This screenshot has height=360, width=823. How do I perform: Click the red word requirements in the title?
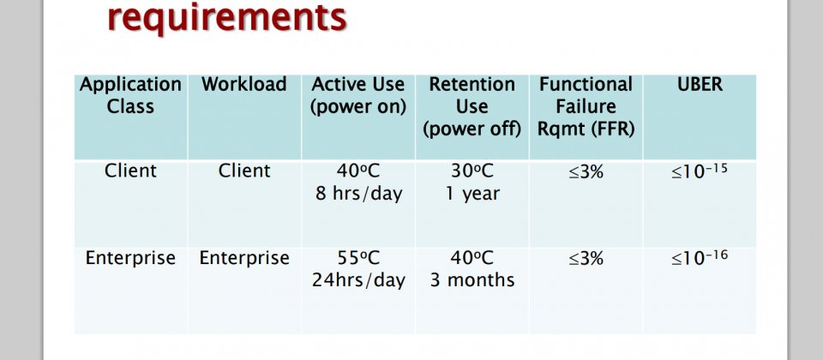pyautogui.click(x=226, y=17)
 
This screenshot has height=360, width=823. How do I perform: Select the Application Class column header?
pyautogui.click(x=130, y=95)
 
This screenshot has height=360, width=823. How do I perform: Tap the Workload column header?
pyautogui.click(x=244, y=84)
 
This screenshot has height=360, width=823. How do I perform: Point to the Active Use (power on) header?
pyautogui.click(x=358, y=95)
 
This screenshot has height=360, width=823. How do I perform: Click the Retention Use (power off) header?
pyautogui.click(x=472, y=106)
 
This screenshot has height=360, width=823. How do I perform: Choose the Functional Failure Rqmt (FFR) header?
pyautogui.click(x=586, y=106)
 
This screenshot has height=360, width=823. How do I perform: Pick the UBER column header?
pyautogui.click(x=700, y=84)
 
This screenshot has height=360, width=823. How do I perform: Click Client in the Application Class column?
pyautogui.click(x=130, y=171)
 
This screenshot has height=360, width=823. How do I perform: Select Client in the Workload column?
pyautogui.click(x=244, y=171)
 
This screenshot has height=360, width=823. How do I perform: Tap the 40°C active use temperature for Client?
pyautogui.click(x=358, y=171)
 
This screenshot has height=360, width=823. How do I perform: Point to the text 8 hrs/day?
pyautogui.click(x=358, y=193)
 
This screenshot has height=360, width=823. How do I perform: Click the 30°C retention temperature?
pyautogui.click(x=472, y=171)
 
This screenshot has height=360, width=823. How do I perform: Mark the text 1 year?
pyautogui.click(x=472, y=194)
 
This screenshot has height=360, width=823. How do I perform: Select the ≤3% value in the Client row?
pyautogui.click(x=586, y=171)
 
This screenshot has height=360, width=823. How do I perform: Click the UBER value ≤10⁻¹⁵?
pyautogui.click(x=700, y=171)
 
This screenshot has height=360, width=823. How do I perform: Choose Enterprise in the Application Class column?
pyautogui.click(x=130, y=258)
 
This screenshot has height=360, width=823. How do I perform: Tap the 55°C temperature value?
pyautogui.click(x=358, y=258)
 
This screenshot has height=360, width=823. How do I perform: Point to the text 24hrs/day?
pyautogui.click(x=358, y=280)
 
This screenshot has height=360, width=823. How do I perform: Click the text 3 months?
pyautogui.click(x=472, y=280)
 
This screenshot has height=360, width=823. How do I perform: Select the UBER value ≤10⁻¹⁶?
pyautogui.click(x=700, y=258)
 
